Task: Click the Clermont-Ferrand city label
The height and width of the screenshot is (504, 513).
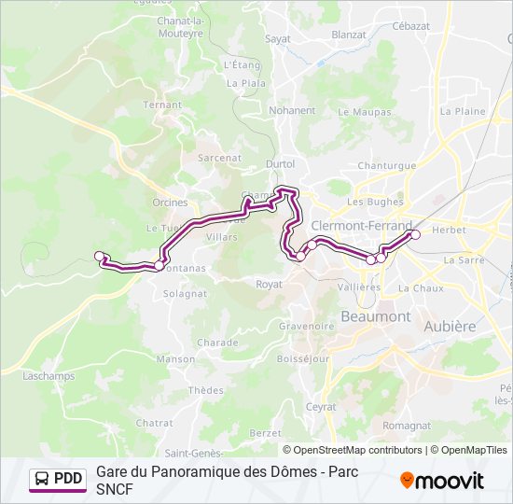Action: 361,226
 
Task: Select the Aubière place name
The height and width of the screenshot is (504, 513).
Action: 450,327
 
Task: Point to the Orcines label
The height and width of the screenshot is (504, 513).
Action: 170,202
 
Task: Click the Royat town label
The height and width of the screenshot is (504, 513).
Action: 269,284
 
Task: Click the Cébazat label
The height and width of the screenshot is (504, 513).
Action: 411,27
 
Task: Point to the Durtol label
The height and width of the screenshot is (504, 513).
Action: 280,163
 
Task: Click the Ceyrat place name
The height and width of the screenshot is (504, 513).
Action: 321,407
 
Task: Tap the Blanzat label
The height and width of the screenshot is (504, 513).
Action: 349,35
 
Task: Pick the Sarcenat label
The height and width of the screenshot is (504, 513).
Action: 220,159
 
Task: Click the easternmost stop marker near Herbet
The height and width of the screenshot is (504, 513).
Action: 415,234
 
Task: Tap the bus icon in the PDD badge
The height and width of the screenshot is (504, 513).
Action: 42,480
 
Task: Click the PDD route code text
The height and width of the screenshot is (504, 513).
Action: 68,480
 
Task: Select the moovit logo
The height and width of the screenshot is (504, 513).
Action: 442,481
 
